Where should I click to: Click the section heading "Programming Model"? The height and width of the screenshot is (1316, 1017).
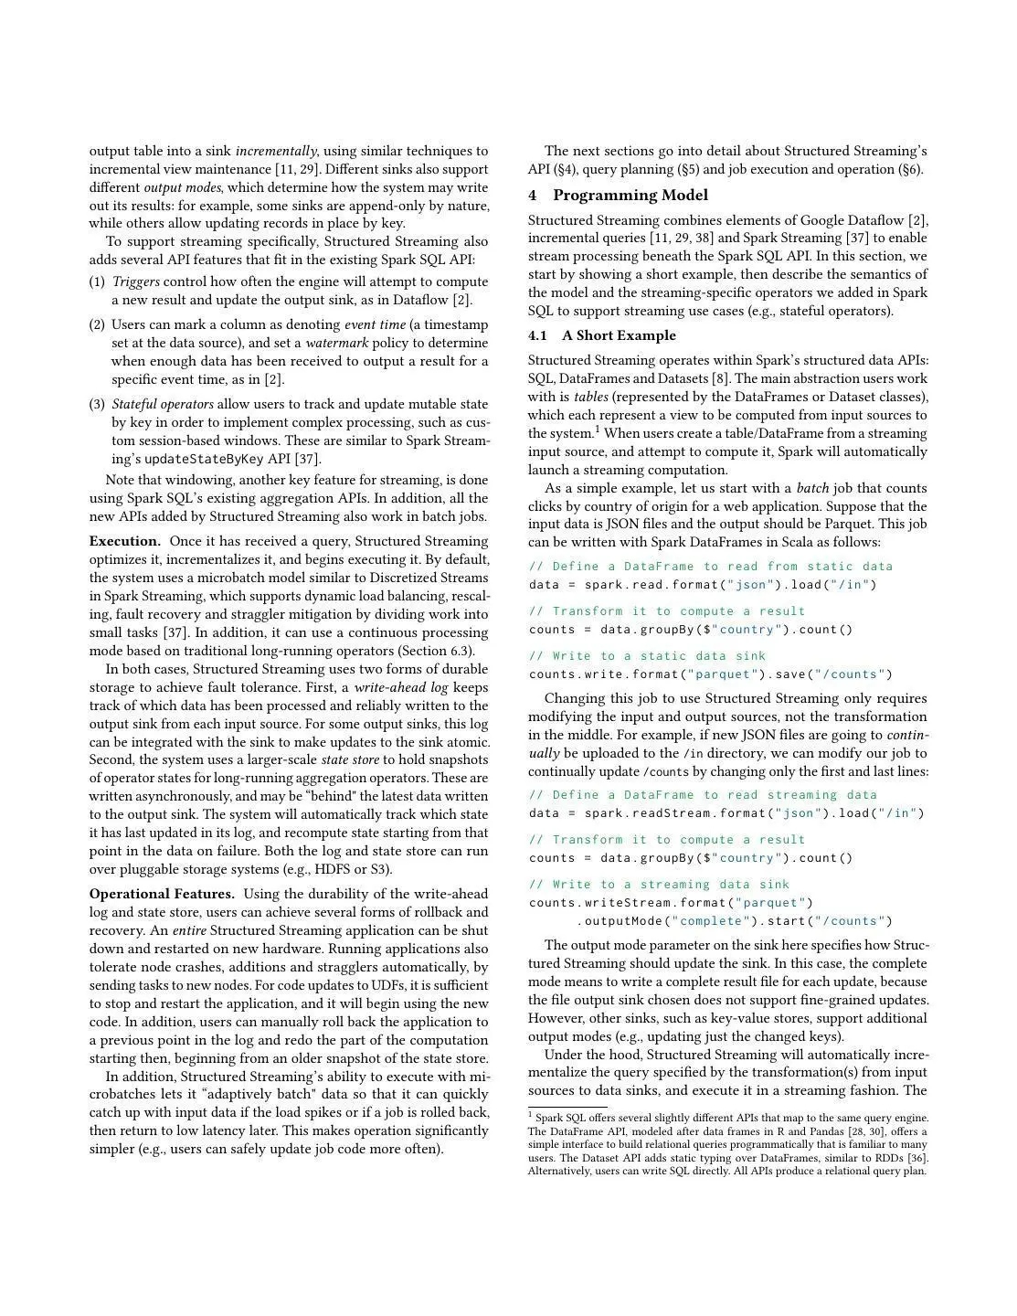point(630,196)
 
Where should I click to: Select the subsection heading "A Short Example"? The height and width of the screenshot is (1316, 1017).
point(619,335)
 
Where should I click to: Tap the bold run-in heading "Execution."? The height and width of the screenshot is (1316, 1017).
point(124,542)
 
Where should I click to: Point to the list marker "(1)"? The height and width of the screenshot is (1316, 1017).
point(97,282)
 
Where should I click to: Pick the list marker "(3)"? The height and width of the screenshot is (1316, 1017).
point(97,405)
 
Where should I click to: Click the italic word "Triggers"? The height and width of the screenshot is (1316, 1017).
point(135,282)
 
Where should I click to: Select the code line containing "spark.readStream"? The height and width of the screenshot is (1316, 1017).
point(726,813)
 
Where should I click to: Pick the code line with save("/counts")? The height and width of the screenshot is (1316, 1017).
point(710,674)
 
